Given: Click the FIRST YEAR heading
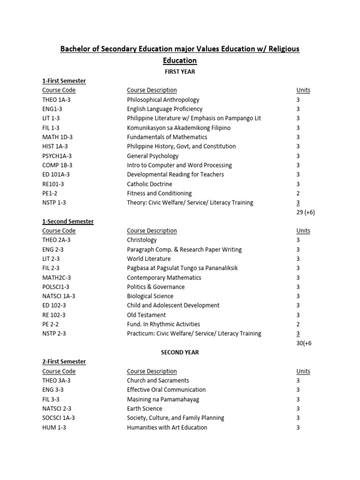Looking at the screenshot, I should point(180,72).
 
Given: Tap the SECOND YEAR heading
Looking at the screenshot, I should point(180,352).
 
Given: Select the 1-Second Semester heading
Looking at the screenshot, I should point(68,221).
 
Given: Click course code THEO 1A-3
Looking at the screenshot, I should point(55,100).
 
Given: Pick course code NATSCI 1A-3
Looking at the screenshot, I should point(59,296).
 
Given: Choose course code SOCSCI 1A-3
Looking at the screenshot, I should point(59,418).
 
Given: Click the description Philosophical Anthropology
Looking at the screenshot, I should point(163,100).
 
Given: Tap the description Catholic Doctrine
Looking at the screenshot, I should point(150,184).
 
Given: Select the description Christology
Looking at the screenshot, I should point(142,240).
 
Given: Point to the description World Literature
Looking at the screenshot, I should point(149,259).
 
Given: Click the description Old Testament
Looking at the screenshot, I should point(146,315).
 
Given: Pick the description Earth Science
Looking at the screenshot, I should point(144,409).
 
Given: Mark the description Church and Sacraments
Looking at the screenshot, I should point(158,381).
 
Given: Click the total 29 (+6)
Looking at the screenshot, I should point(306,212).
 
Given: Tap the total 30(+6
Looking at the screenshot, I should point(304,343).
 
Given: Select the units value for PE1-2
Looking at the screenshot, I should point(298,194).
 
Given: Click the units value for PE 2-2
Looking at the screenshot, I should point(298,324).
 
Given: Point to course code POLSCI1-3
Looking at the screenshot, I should point(56,287).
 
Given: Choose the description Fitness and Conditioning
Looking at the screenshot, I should point(159,194).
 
